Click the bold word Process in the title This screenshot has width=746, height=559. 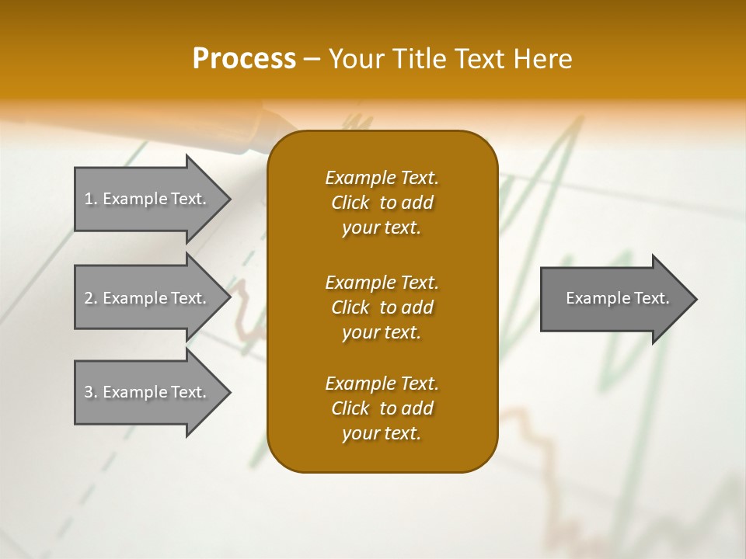[244, 59]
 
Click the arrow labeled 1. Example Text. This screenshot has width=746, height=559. [148, 199]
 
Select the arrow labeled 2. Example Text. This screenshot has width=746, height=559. [148, 298]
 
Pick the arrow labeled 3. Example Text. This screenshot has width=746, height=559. [148, 392]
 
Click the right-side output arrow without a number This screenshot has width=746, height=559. [614, 298]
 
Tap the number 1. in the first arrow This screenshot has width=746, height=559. [91, 199]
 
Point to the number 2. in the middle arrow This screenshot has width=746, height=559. [91, 298]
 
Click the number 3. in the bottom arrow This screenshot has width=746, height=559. [91, 392]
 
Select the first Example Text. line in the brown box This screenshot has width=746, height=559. [382, 178]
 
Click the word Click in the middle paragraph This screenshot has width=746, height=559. [350, 307]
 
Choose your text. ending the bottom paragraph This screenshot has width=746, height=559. [382, 433]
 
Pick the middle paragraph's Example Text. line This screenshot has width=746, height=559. [382, 283]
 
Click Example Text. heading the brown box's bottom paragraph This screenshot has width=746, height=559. [382, 384]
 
